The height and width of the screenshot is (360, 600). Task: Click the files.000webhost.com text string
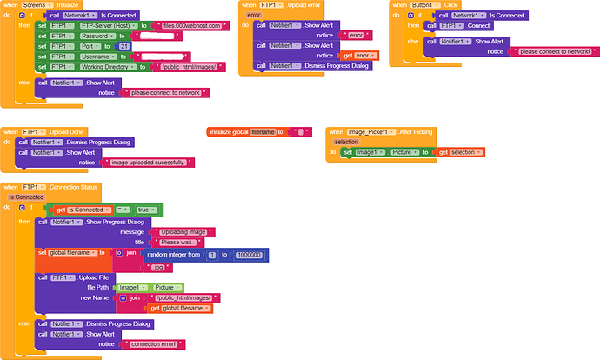click(192, 26)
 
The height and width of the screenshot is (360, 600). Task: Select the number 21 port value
click(123, 46)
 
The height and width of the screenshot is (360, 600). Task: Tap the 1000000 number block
click(249, 254)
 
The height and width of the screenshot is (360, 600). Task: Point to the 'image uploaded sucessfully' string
click(151, 163)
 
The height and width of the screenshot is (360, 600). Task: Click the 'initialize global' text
click(229, 131)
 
